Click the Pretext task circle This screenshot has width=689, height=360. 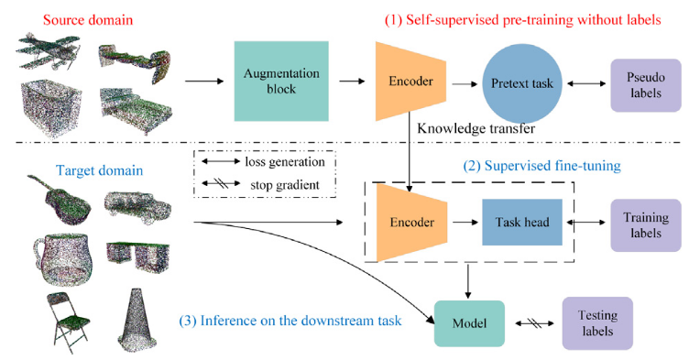521,82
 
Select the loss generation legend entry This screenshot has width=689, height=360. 266,161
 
